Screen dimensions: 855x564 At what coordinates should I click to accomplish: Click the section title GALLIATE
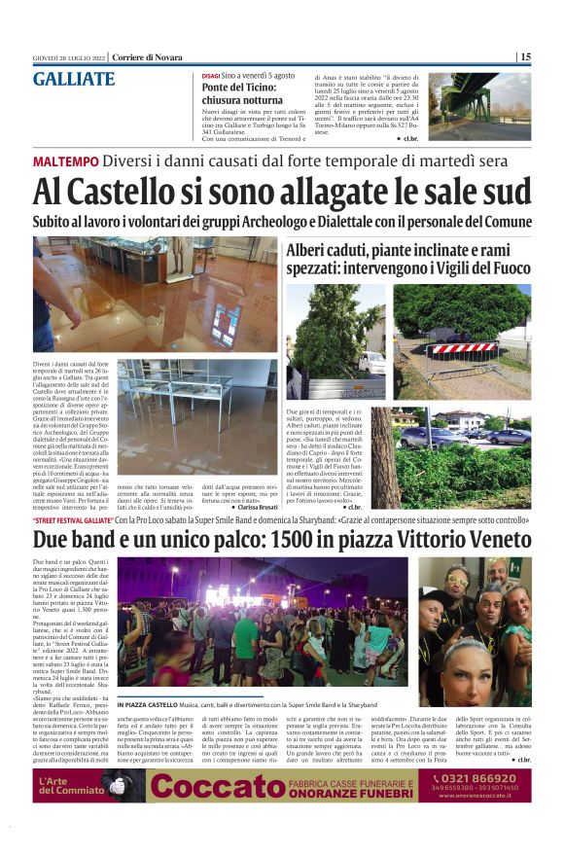pos(74,80)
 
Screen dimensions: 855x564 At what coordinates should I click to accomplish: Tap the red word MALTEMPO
pos(66,160)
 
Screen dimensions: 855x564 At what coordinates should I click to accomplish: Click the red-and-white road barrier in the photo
pos(463,347)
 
